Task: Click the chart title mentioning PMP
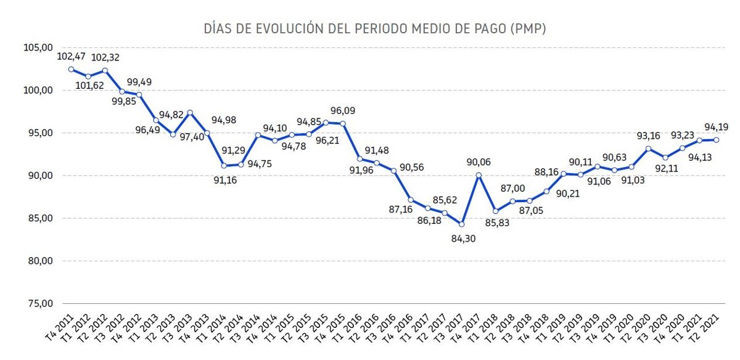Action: click(374, 29)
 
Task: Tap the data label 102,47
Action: click(70, 57)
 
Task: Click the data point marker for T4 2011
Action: click(71, 70)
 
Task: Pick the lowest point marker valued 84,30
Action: click(461, 224)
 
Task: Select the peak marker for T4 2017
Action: click(479, 175)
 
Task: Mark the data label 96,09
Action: click(342, 111)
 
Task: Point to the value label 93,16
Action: click(647, 136)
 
